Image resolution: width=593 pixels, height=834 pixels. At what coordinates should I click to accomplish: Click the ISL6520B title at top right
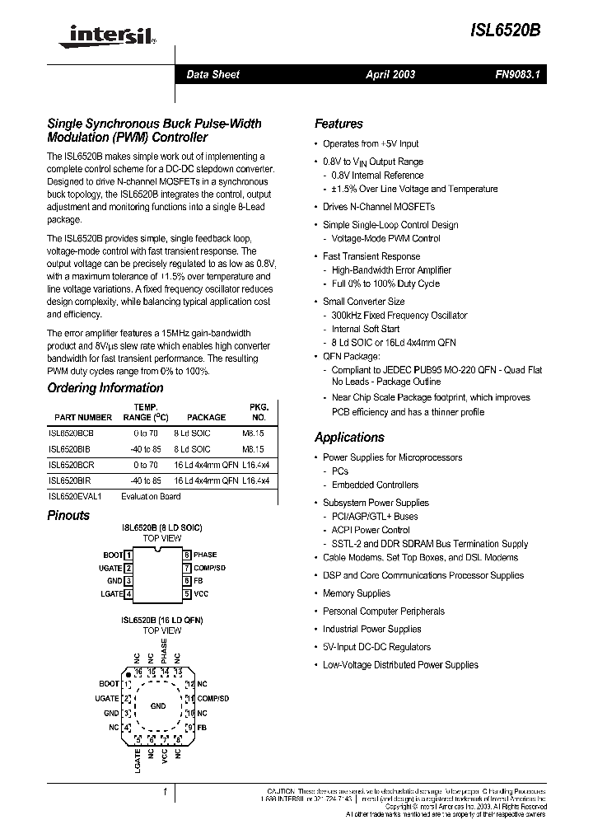pyautogui.click(x=508, y=29)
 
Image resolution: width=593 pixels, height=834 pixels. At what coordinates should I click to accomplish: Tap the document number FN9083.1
pyautogui.click(x=516, y=74)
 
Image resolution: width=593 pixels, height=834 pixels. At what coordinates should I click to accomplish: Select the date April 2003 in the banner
pyautogui.click(x=390, y=74)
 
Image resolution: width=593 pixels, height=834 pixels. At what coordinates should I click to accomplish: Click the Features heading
pyautogui.click(x=339, y=124)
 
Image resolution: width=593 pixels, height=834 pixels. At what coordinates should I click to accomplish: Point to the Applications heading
pyautogui.click(x=349, y=438)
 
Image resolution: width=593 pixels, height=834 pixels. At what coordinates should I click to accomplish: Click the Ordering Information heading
pyautogui.click(x=105, y=388)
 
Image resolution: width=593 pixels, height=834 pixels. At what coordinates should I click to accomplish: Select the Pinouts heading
pyautogui.click(x=68, y=516)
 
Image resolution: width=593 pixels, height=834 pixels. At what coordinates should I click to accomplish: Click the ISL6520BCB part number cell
pyautogui.click(x=71, y=433)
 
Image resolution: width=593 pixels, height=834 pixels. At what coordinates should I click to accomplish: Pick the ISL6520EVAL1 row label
pyautogui.click(x=74, y=496)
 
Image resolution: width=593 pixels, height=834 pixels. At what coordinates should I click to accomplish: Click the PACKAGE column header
pyautogui.click(x=206, y=418)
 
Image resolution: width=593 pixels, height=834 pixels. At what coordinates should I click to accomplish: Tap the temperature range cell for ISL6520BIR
pyautogui.click(x=145, y=480)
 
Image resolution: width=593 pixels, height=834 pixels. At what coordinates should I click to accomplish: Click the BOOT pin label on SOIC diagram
pyautogui.click(x=112, y=555)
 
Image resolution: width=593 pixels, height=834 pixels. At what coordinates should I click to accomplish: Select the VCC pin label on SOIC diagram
pyautogui.click(x=201, y=593)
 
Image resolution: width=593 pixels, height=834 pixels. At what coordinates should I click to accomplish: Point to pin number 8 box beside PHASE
pyautogui.click(x=187, y=555)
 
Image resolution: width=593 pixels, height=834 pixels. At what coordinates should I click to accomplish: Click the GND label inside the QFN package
pyautogui.click(x=158, y=706)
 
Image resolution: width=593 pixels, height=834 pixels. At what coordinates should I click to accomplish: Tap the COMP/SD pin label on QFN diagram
pyautogui.click(x=212, y=699)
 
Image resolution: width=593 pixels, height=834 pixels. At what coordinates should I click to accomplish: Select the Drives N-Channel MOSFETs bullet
pyautogui.click(x=378, y=207)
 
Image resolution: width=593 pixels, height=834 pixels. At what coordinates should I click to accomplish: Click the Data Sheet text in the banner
pyautogui.click(x=212, y=74)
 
